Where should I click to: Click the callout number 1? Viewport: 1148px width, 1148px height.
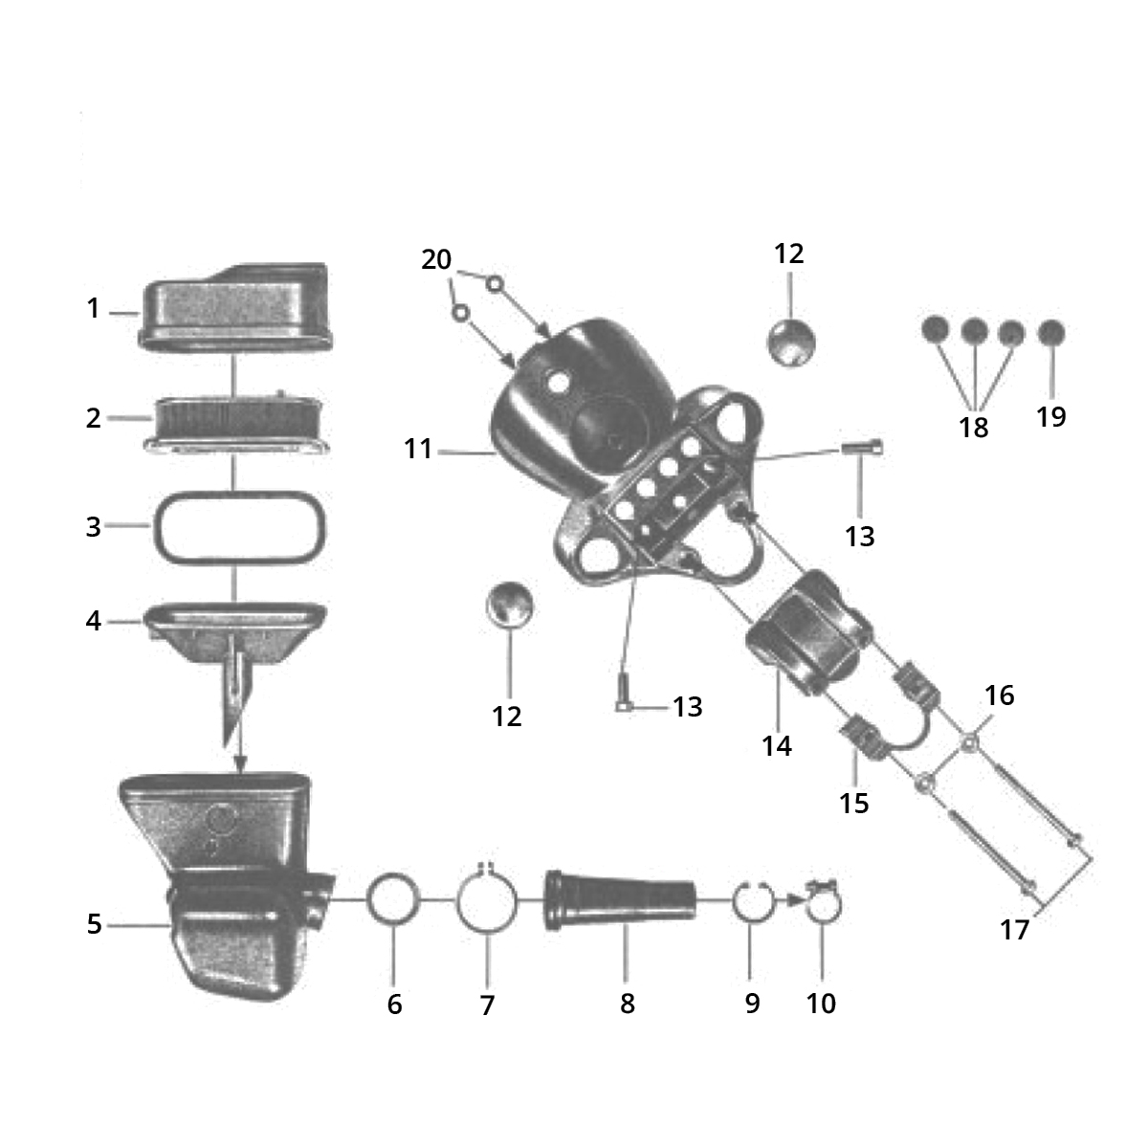pos(93,309)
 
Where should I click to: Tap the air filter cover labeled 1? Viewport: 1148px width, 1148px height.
pos(235,307)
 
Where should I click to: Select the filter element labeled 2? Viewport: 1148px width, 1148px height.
pos(236,424)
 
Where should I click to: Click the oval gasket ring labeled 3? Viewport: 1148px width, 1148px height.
pos(239,527)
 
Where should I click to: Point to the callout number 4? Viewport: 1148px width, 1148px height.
pos(94,622)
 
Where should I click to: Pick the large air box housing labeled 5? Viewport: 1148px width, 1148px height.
pos(227,887)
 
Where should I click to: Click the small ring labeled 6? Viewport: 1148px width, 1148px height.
pos(393,899)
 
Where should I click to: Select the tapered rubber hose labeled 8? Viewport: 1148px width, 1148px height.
pos(620,901)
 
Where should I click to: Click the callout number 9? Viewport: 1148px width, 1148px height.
pos(753,1004)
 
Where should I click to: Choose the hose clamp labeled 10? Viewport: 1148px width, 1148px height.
pos(823,904)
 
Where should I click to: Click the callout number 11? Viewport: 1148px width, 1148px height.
pos(418,449)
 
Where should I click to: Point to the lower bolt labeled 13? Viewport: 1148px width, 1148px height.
pos(623,693)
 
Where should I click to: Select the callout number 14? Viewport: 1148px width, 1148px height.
pos(777,746)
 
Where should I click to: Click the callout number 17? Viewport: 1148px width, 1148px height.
pos(1015,929)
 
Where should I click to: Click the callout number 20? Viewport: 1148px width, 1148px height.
pos(436,259)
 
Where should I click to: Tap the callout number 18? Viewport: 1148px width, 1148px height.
pos(974,427)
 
